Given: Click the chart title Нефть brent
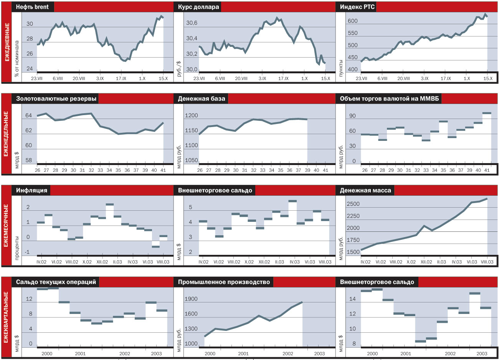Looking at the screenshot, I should point(33,7).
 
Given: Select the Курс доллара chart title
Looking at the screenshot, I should point(198,7).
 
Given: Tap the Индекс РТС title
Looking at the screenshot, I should point(357,7).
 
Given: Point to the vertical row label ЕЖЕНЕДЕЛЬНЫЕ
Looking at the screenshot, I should point(6,134).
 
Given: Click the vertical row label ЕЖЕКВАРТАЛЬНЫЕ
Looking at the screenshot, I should point(6,317).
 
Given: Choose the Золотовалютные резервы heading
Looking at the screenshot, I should point(56,99).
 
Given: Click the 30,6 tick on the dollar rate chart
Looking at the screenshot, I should point(192,23).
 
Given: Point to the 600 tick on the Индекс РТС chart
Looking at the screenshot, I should point(352,21).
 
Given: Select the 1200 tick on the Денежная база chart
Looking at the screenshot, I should point(192,116).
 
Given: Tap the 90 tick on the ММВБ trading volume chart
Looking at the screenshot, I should point(352,116).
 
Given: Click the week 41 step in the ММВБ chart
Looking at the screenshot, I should point(487,113).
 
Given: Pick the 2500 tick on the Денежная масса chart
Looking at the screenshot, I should point(353,204).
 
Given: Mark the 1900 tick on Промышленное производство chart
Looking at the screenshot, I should point(191,299).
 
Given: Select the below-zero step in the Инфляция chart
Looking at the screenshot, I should point(155,247).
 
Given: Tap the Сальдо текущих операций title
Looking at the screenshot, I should point(56,282).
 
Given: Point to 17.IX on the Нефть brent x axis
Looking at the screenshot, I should point(121,79).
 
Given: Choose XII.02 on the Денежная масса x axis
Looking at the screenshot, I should point(426,262).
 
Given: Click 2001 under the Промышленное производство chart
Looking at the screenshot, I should point(243,354).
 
